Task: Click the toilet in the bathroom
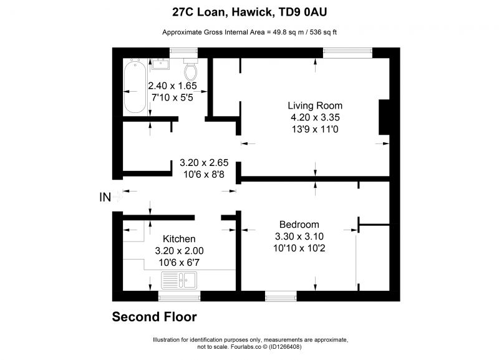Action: click(x=191, y=69)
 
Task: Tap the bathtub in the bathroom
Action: click(x=135, y=86)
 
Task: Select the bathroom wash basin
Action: click(x=160, y=64)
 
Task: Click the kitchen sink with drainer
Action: click(x=179, y=280)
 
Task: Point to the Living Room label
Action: click(x=315, y=105)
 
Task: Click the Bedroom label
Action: click(x=299, y=225)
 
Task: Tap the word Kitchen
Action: click(x=179, y=239)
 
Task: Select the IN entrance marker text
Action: click(x=105, y=197)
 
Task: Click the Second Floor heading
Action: click(x=154, y=317)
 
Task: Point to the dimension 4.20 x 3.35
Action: click(x=315, y=117)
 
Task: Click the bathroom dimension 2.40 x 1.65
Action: click(x=173, y=85)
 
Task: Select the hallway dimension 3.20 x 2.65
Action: click(x=204, y=163)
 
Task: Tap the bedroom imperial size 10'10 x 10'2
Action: click(x=299, y=248)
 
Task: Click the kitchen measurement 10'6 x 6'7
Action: click(x=179, y=263)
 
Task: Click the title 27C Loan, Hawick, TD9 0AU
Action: click(x=249, y=12)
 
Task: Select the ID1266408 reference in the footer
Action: click(x=285, y=347)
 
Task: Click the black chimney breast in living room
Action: click(x=384, y=117)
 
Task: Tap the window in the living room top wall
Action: click(x=347, y=53)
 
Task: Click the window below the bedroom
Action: click(x=281, y=296)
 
